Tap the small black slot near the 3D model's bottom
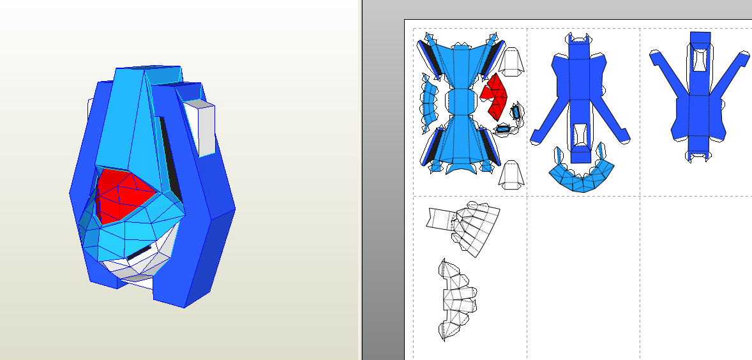139,253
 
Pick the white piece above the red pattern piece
511,61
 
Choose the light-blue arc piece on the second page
581,177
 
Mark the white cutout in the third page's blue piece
700,60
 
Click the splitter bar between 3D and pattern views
360,180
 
